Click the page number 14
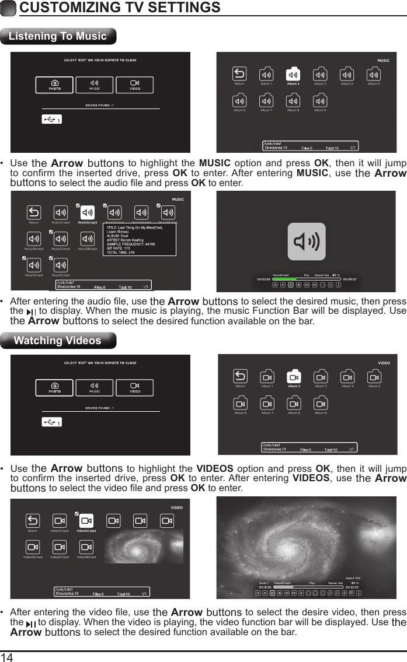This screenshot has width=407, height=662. pos(7,657)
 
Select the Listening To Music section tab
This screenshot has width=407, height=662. pos(58,36)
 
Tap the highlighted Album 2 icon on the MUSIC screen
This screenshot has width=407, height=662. pos(293,75)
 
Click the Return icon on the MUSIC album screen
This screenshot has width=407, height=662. pos(239,74)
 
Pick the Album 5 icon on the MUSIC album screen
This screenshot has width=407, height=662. pos(374,75)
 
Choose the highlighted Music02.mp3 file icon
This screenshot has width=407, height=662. pos(87,213)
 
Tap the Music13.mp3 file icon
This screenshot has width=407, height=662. pos(60,264)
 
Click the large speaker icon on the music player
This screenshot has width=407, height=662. pos(307,241)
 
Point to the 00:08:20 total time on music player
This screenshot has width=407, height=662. pos(349,279)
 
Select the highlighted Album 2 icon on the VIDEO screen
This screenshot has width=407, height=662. pos(294,377)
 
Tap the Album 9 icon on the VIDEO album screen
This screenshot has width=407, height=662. pos(321,404)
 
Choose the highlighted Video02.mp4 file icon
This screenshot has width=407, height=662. pos(86,521)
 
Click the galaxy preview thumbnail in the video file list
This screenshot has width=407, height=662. pos(143,546)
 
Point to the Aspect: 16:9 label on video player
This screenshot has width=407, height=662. pos(353,577)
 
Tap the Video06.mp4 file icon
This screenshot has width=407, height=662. pos(33,547)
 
